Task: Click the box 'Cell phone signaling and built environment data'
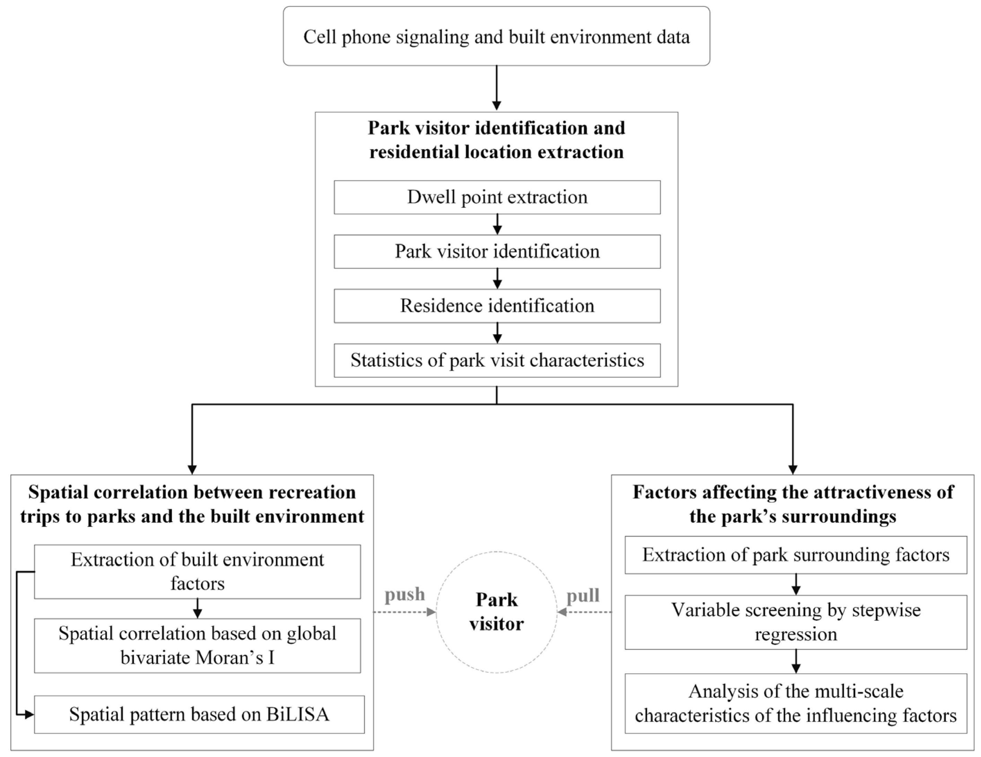[x=496, y=36]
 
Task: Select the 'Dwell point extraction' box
[x=497, y=197]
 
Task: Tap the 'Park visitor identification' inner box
[x=497, y=252]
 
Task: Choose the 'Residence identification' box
[x=497, y=306]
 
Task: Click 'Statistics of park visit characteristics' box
[x=497, y=360]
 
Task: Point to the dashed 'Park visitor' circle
[x=496, y=611]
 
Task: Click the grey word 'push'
[x=404, y=594]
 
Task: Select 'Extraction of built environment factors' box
[x=197, y=572]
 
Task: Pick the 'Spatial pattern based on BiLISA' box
[x=199, y=714]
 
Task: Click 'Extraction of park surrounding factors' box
[x=796, y=555]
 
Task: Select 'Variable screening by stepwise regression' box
[x=796, y=622]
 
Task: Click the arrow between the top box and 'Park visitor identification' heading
[x=496, y=88]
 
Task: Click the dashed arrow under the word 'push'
[x=404, y=612]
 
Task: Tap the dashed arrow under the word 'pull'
[x=584, y=612]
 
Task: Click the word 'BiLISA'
[x=297, y=714]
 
